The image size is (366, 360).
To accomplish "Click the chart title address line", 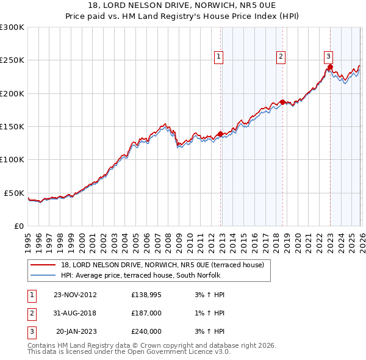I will pos(183,5).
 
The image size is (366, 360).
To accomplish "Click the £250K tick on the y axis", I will pos(12,60).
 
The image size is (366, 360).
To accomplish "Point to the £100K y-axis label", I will pos(12,159).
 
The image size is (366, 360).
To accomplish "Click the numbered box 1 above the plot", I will pos(218,57).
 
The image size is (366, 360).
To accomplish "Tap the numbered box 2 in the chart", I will pos(281,57).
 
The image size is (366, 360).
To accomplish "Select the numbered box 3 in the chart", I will pos(328,57).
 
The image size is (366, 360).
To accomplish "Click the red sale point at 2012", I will pos(220,134).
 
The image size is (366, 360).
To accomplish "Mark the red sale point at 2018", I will pos(282,102).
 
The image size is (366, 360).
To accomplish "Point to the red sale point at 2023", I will pos(330,67).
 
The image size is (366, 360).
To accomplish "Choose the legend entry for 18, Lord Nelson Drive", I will pos(162,265).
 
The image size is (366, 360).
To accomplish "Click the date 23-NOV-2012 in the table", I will pos(76,295).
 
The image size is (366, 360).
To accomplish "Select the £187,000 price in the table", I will pos(146,313).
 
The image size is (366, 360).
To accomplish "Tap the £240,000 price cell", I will pos(146,331).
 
